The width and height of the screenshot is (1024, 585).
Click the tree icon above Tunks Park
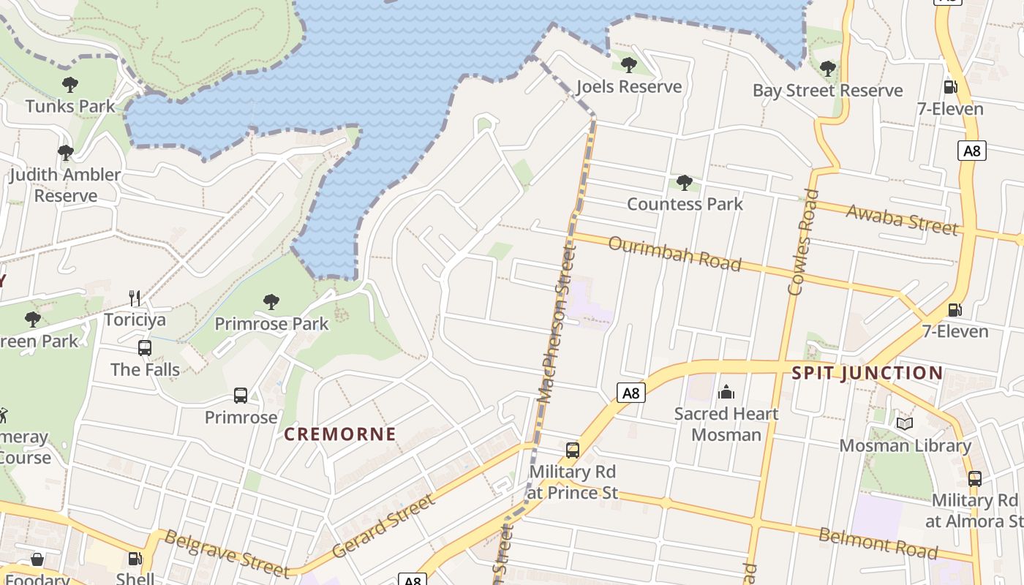tap(70, 85)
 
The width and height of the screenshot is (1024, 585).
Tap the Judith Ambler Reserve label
tap(65, 185)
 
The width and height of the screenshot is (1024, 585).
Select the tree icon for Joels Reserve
tap(628, 65)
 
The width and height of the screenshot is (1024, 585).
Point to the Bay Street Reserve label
tap(828, 91)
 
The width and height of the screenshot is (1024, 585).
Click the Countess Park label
tap(685, 204)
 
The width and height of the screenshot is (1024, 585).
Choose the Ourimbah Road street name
tap(674, 253)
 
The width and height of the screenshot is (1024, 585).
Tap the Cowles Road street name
tap(803, 241)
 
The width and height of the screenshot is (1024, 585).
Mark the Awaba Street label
tap(902, 219)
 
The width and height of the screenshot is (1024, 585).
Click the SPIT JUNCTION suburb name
tap(867, 373)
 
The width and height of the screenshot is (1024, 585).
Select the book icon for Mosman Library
tap(905, 423)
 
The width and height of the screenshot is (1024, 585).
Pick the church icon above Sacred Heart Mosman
tap(726, 392)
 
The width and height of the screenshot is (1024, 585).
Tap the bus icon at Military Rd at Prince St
tap(573, 450)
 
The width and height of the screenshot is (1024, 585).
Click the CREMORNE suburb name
tap(340, 434)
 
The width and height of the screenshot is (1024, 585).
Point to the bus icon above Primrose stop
tap(241, 396)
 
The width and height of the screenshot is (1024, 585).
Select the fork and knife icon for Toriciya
tap(135, 298)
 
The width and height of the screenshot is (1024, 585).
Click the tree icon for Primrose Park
tap(271, 301)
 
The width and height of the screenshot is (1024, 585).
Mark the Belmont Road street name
tap(878, 542)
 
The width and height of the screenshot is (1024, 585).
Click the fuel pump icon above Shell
tap(135, 559)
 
